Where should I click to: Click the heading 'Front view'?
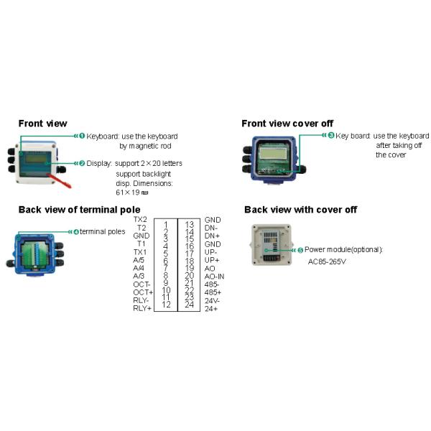42,123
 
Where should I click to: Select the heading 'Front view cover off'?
287,124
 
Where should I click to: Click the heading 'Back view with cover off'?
300,210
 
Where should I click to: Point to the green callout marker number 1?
82,136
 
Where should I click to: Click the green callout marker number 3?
330,136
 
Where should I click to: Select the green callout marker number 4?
76,231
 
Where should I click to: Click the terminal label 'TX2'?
140,219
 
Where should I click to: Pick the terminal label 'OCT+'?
143,292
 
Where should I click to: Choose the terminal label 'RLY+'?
143,308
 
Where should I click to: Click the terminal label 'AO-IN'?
215,276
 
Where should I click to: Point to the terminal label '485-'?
213,284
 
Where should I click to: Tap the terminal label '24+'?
211,308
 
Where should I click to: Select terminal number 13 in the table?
189,225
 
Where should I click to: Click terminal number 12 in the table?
166,304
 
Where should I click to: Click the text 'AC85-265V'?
328,261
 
